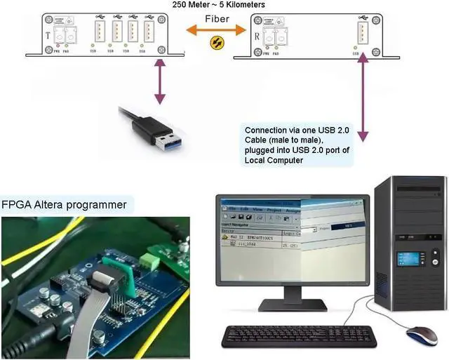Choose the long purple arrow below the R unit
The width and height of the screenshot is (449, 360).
point(363,98)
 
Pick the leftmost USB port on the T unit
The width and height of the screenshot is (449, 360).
point(95,32)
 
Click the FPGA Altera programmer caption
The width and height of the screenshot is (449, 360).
point(64,205)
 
